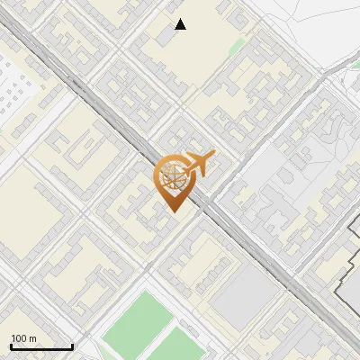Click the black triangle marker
pos(181,24)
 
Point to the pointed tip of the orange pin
pos(173,212)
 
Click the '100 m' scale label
pos(24,338)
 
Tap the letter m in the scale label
pos(33,338)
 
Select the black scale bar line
pos(41,347)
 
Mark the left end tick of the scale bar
pos(11,346)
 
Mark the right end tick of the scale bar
pos(72,346)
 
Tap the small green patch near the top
pos(237,46)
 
